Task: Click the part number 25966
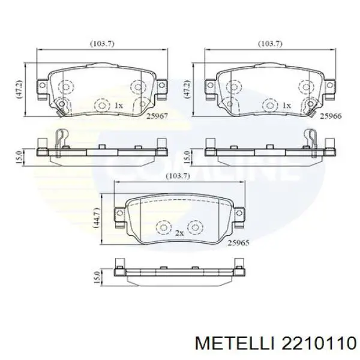tap(330, 116)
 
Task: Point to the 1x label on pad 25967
tap(118, 105)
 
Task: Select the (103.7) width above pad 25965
tap(174, 176)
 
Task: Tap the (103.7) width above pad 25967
tap(102, 44)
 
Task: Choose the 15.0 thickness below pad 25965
tap(96, 278)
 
